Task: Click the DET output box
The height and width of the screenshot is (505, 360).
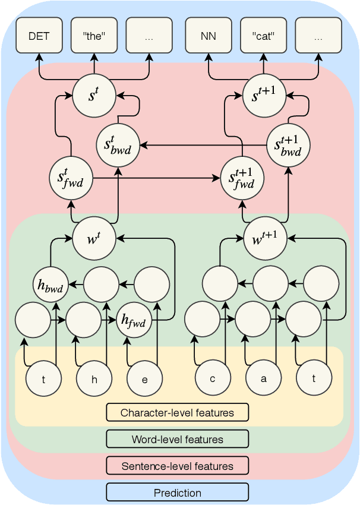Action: (39, 36)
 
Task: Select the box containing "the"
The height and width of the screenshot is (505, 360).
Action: (94, 36)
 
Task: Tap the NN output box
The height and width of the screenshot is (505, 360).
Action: (209, 36)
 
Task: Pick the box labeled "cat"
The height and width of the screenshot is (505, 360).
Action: (264, 36)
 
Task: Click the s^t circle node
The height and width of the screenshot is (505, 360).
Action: (94, 96)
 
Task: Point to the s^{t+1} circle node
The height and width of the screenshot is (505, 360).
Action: (264, 96)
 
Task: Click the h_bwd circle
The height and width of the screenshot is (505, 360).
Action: (50, 285)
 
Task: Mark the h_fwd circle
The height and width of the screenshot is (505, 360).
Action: (135, 320)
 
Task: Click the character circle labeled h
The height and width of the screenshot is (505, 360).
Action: (94, 378)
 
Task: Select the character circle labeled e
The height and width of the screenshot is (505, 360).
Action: (144, 378)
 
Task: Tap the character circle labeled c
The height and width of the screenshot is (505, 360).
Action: (213, 378)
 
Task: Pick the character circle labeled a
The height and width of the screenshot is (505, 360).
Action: (264, 378)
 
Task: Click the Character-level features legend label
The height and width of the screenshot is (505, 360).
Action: (177, 412)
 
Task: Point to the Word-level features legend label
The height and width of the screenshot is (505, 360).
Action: (177, 439)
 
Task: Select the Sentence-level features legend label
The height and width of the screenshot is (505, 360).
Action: (177, 466)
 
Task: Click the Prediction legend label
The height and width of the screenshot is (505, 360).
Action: (177, 493)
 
